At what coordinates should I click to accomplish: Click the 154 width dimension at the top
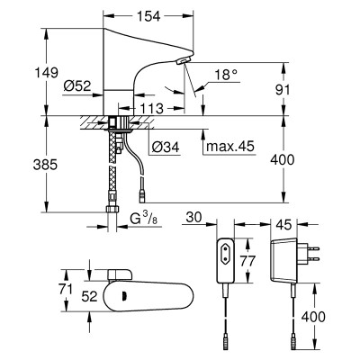148,16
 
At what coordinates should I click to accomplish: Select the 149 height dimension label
47,73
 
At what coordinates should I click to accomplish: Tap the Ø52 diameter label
77,86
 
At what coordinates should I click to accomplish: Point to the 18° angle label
226,75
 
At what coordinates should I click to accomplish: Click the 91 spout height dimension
283,90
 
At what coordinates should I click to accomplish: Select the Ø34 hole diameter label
166,147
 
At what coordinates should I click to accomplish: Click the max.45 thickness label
230,147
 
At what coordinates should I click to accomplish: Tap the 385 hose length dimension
45,165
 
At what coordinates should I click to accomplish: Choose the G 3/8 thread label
143,219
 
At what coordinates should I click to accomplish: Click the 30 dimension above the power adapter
193,218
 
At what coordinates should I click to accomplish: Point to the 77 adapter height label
247,261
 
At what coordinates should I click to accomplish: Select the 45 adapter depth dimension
283,224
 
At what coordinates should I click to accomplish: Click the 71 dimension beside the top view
66,290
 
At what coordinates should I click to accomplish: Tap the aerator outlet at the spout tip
183,61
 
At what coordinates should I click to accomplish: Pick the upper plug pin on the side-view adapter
312,248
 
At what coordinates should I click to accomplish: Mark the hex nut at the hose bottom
112,209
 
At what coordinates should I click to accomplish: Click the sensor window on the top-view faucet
122,296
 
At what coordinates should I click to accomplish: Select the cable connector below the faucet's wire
141,198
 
